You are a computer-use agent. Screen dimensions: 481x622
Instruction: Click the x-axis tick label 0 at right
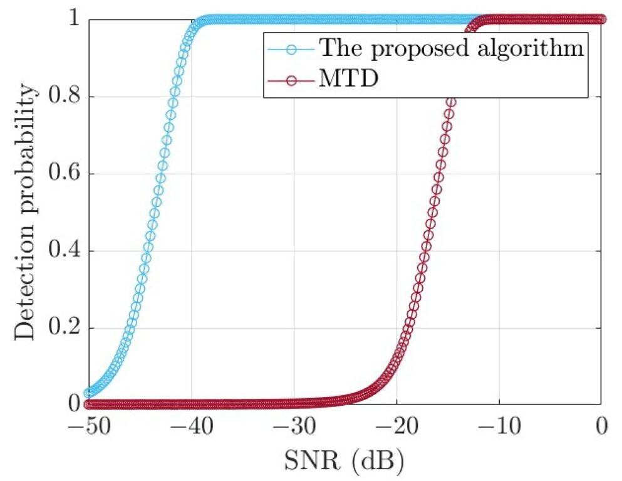point(601,429)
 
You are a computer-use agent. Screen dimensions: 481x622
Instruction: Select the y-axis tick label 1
point(75,20)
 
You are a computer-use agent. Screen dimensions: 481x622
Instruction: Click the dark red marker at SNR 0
point(601,19)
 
